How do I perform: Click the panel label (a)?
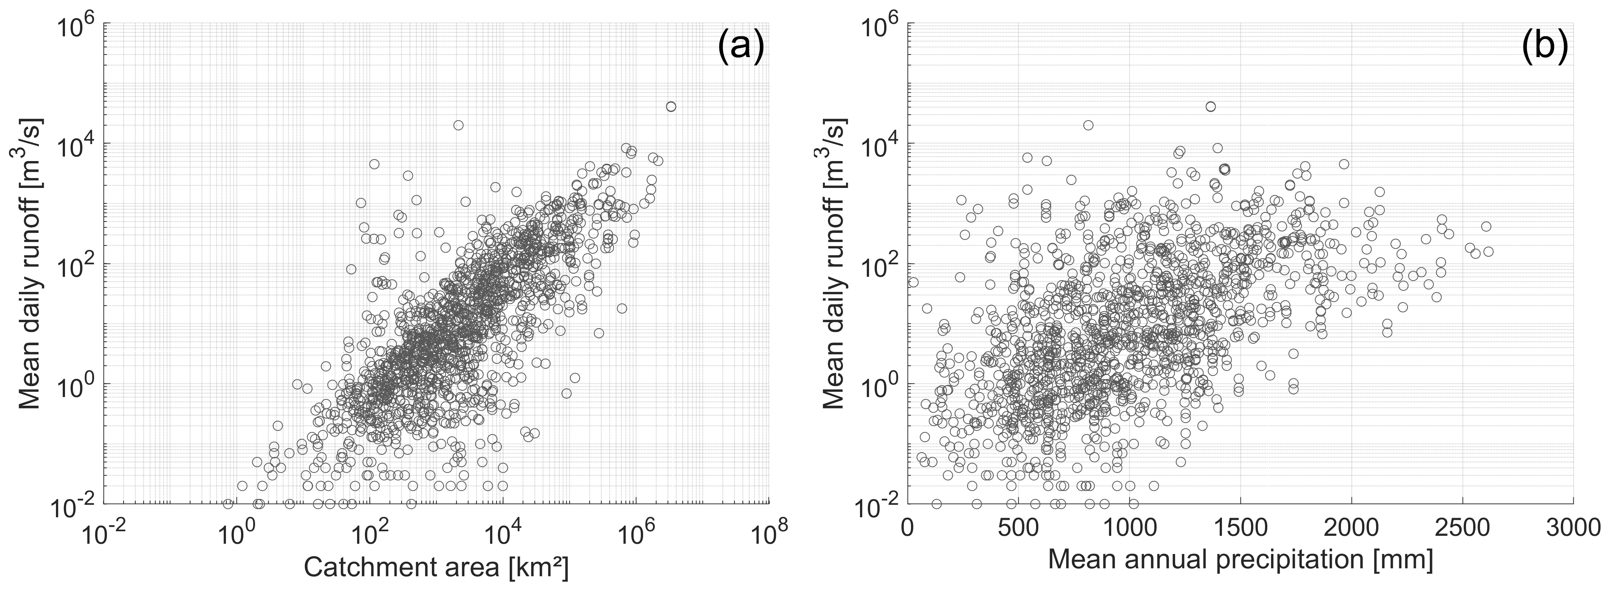coord(741,48)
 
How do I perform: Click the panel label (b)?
coord(1544,48)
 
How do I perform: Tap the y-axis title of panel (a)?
coord(30,263)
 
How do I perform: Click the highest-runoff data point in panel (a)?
coord(671,106)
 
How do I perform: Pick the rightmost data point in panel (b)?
coord(1488,251)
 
